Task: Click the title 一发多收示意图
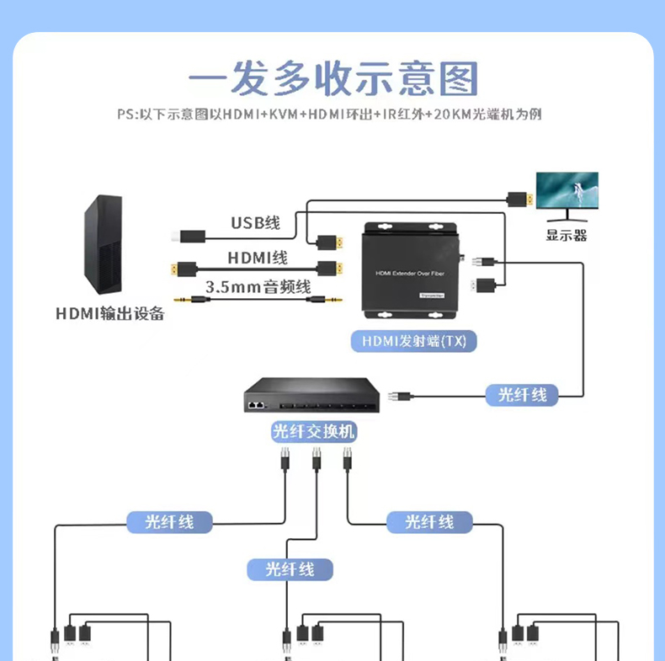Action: click(x=332, y=79)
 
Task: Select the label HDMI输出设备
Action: click(x=109, y=314)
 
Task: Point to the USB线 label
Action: click(x=255, y=222)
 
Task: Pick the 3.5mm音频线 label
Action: click(x=258, y=286)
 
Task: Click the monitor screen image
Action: click(x=567, y=193)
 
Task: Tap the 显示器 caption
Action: click(x=567, y=235)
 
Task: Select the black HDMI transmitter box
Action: click(x=411, y=270)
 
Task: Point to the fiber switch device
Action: click(x=314, y=397)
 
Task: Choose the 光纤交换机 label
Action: click(x=314, y=432)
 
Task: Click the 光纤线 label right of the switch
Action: click(x=522, y=394)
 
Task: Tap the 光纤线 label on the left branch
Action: click(x=169, y=521)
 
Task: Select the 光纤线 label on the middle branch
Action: click(x=290, y=569)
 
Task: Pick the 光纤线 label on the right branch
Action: click(x=429, y=521)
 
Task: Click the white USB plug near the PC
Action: click(x=189, y=236)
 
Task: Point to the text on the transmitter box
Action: click(x=410, y=274)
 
